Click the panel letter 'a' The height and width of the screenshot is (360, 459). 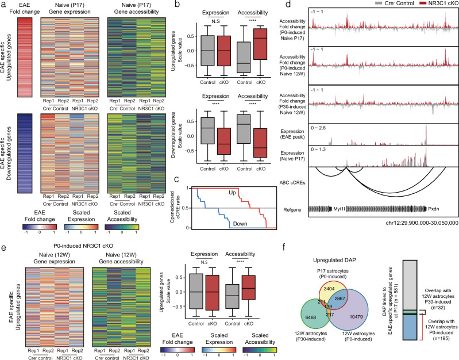(3, 5)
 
